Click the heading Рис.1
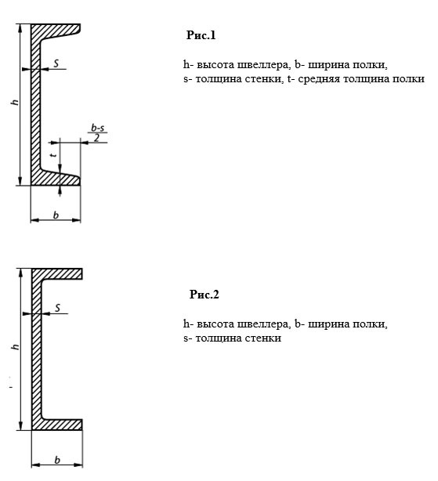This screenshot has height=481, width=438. [x=201, y=35]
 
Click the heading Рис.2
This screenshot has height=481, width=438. [x=205, y=295]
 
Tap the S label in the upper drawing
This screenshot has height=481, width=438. [x=56, y=63]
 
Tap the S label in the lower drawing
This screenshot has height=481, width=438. [x=58, y=308]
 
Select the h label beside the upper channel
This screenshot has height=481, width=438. [x=15, y=102]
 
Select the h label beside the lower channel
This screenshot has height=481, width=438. [x=15, y=346]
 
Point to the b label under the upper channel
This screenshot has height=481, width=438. [x=56, y=215]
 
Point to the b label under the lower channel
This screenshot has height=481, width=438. [x=57, y=460]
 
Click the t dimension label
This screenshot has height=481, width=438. [x=54, y=155]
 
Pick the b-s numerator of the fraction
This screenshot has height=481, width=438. [x=97, y=128]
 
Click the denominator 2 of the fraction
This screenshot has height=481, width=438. [x=96, y=138]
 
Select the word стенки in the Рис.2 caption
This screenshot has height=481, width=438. [x=263, y=338]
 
